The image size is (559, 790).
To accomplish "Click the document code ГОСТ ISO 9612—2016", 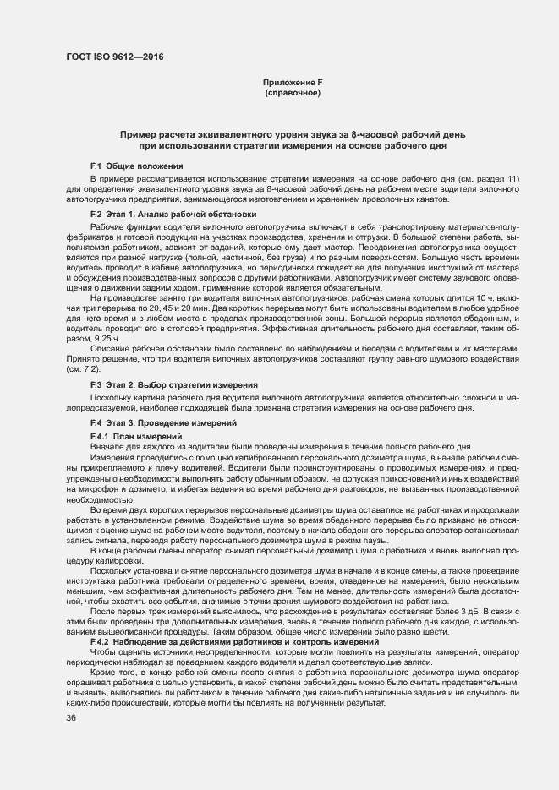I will pos(114,57).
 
